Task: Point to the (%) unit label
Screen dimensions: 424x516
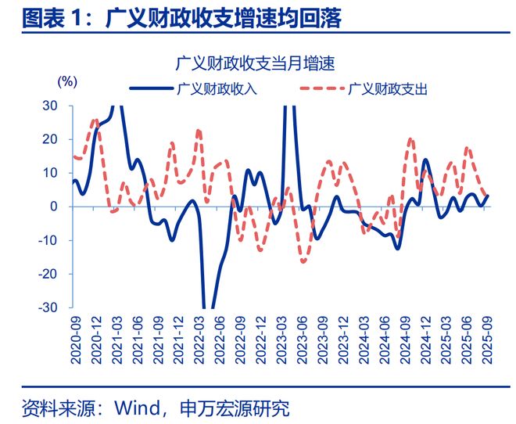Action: [x=68, y=81]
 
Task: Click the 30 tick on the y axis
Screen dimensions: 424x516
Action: [x=49, y=106]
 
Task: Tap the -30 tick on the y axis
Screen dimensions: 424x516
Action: [x=47, y=308]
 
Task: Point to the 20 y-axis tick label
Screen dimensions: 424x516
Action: [x=49, y=139]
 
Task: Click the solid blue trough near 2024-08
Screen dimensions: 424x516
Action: [x=397, y=248]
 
